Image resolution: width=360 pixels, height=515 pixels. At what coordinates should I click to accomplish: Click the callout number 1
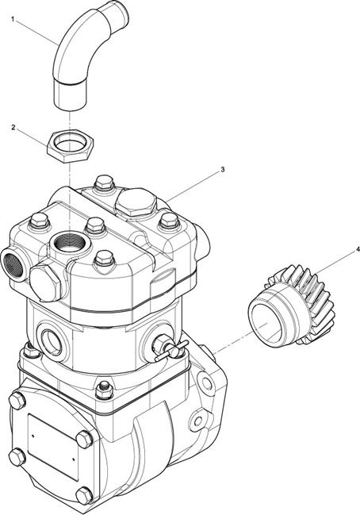pos(13,19)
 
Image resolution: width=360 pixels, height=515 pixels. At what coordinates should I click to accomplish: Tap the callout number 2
pos(13,128)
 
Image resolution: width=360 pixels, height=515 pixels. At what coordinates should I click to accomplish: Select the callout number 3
pos(223,170)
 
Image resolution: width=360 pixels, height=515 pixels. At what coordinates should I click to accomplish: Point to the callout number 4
pos(358,250)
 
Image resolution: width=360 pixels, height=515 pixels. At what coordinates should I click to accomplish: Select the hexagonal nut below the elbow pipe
pos(71,145)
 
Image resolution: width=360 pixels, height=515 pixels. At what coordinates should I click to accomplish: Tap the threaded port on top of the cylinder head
pos(70,243)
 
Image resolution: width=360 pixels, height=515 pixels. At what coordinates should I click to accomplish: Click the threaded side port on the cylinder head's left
pos(13,265)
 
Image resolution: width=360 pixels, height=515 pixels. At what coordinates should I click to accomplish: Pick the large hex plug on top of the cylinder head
pos(136,202)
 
